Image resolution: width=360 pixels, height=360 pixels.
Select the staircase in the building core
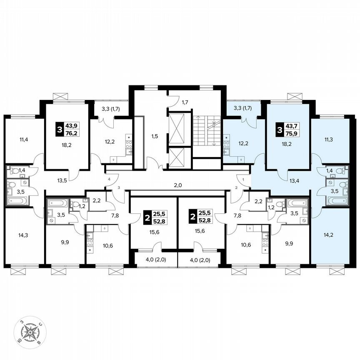pyautogui.click(x=207, y=131)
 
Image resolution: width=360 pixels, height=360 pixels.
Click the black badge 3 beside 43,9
pyautogui.click(x=60, y=130)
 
